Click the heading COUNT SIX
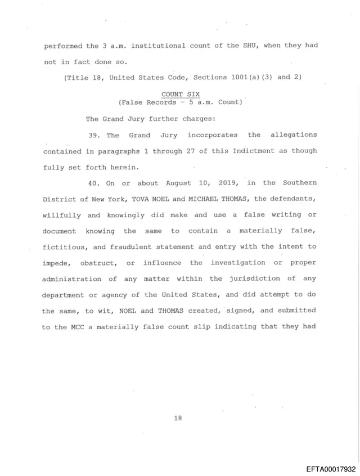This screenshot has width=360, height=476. (x=180, y=94)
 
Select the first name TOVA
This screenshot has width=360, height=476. (x=141, y=199)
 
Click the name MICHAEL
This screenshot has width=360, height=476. (x=206, y=199)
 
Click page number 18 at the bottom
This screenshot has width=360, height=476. (x=178, y=418)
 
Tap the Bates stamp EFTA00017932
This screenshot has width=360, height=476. (x=331, y=468)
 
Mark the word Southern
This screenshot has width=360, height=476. (x=299, y=183)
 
